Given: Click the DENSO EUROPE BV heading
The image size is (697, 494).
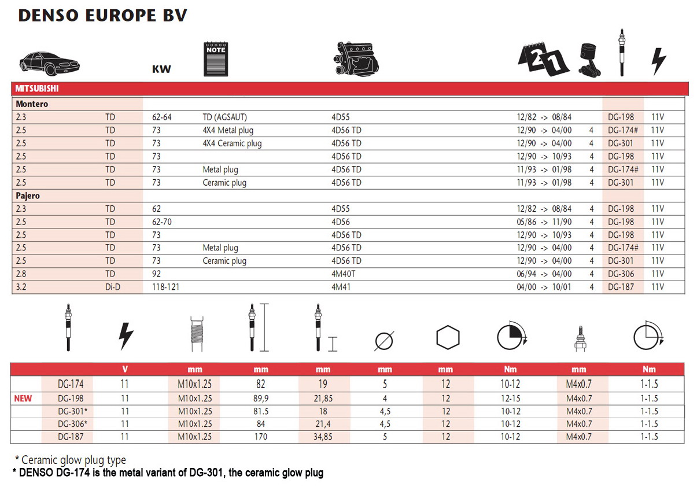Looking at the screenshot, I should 102,16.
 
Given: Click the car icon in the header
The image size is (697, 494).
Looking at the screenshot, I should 49,61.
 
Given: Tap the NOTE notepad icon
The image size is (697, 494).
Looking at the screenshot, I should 216,59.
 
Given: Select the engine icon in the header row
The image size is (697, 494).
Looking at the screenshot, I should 356,60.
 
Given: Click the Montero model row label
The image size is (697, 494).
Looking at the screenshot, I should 32,104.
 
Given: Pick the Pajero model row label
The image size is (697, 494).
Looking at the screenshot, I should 28,196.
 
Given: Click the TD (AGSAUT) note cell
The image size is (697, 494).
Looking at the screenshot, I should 225,117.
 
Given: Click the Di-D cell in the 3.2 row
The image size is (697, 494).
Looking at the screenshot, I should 113,287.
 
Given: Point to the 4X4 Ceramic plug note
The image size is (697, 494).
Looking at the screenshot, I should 232,143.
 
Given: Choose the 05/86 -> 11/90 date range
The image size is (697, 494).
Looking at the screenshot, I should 544,222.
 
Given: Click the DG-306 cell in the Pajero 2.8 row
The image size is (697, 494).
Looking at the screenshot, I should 621,274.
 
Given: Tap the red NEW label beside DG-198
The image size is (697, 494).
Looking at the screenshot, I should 24,398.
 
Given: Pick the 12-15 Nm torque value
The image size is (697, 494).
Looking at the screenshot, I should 511,398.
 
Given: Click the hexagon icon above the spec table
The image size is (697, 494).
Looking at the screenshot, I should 447,337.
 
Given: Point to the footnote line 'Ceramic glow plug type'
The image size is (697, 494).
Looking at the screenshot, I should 72,460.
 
